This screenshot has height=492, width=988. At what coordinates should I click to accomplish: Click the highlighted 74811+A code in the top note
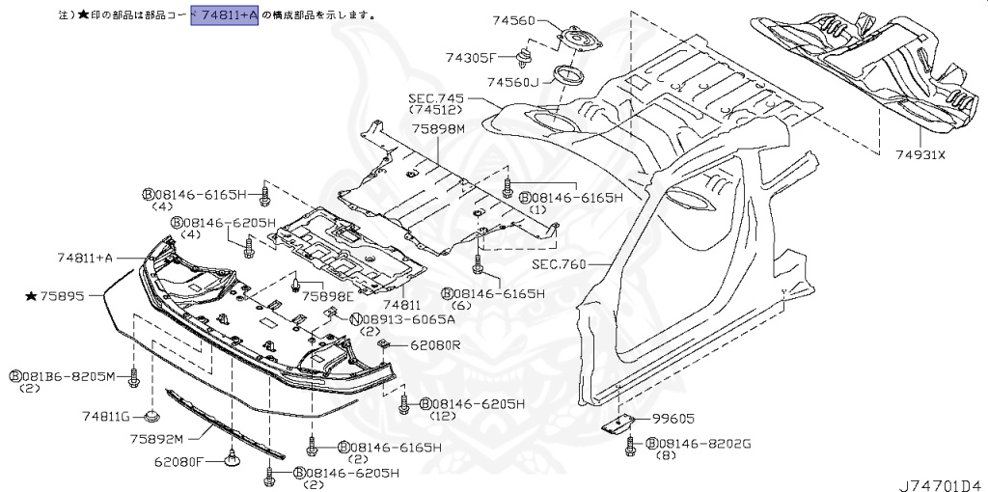click(x=224, y=15)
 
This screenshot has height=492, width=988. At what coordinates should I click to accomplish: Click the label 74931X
click(x=920, y=154)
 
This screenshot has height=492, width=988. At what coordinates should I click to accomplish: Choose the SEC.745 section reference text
click(x=436, y=98)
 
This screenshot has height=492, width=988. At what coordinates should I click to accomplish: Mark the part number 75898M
click(x=436, y=128)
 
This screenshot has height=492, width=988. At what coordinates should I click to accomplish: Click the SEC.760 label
click(x=560, y=262)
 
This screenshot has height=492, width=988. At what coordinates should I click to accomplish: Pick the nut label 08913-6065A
click(x=395, y=318)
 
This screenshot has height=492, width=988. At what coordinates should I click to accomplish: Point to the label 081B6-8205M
click(x=67, y=375)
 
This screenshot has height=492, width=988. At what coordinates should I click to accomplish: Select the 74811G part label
click(x=106, y=416)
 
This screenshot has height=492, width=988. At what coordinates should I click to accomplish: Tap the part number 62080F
click(x=178, y=462)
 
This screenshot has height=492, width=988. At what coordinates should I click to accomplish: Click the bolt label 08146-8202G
click(x=703, y=443)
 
